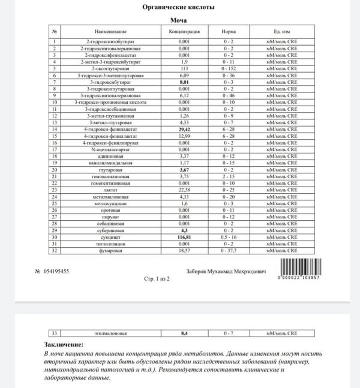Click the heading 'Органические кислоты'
pyautogui.click(x=179, y=7)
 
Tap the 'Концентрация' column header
pyautogui.click(x=185, y=30)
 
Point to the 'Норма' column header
pyautogui.click(x=227, y=30)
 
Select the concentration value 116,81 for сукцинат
pyautogui.click(x=185, y=237)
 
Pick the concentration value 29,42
pyautogui.click(x=185, y=129)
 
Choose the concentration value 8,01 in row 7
pyautogui.click(x=185, y=82)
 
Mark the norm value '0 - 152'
pyautogui.click(x=227, y=68)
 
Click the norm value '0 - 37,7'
pyautogui.click(x=227, y=251)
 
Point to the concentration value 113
pyautogui.click(x=185, y=68)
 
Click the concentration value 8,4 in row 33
pyautogui.click(x=185, y=333)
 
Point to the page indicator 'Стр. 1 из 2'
pyautogui.click(x=158, y=279)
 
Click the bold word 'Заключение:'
pyautogui.click(x=65, y=345)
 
